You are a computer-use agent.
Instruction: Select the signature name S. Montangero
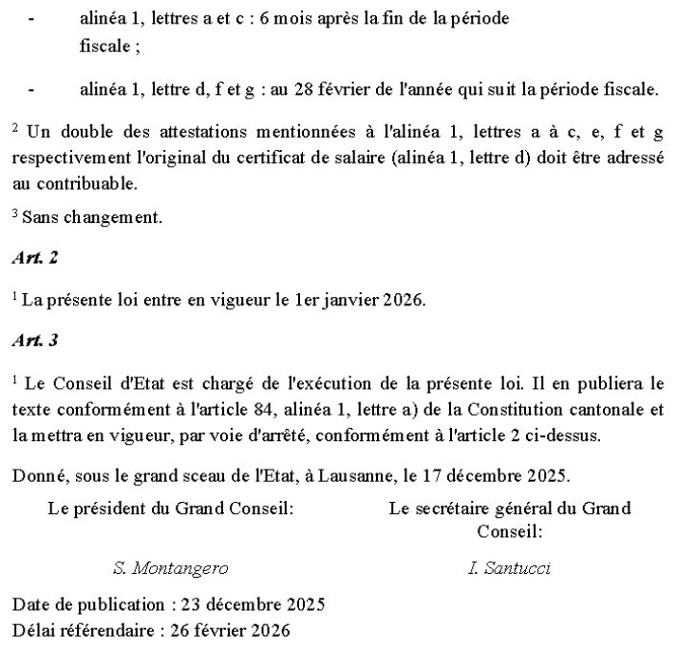(171, 568)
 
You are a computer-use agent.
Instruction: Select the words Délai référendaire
(75, 629)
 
